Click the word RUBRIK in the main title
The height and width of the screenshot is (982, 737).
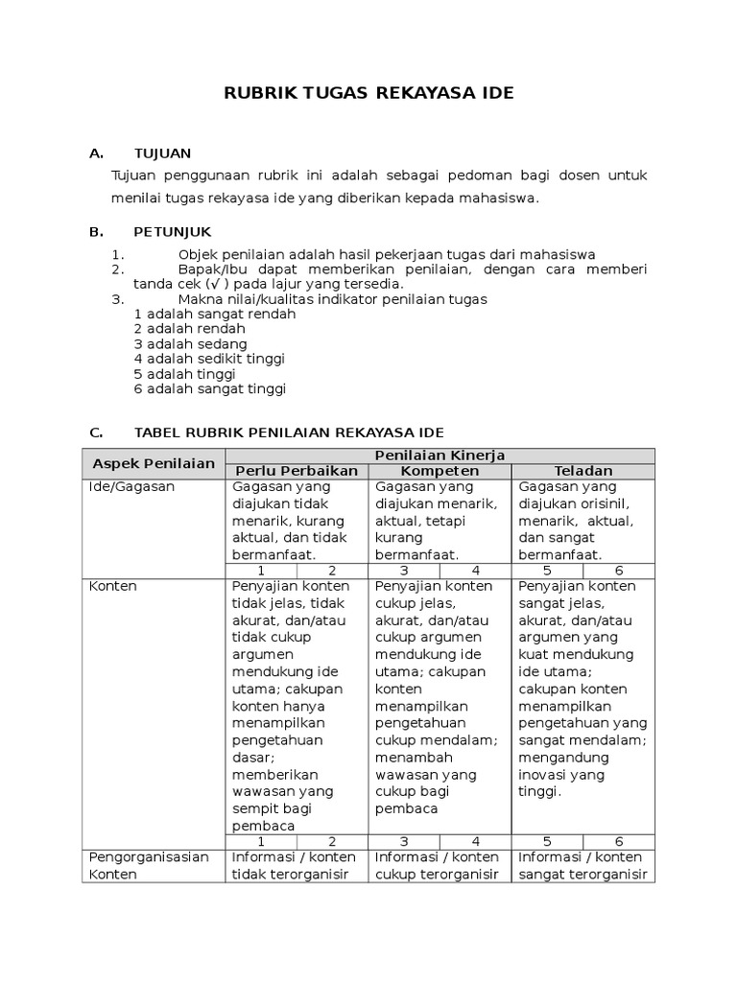click(x=258, y=93)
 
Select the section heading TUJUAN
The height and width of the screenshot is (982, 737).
click(x=162, y=152)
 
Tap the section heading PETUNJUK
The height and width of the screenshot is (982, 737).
click(x=173, y=232)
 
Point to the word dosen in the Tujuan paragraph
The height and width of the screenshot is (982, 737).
click(x=576, y=175)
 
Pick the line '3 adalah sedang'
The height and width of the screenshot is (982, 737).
click(x=190, y=343)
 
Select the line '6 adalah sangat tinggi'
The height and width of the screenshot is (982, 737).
click(x=209, y=388)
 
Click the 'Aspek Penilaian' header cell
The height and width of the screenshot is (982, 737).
click(x=154, y=463)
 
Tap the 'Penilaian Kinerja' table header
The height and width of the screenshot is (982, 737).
click(x=440, y=455)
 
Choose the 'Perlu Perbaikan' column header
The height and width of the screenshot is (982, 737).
click(x=297, y=471)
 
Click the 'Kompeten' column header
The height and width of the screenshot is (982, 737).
click(x=440, y=471)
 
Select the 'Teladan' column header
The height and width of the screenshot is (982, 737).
click(x=583, y=471)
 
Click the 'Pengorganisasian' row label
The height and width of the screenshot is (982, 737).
click(x=149, y=856)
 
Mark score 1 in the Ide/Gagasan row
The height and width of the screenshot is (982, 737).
click(x=261, y=571)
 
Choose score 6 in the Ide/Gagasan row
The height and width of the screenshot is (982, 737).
click(x=619, y=571)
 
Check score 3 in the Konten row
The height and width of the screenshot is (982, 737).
click(x=405, y=841)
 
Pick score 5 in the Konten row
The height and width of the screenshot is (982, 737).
click(x=547, y=841)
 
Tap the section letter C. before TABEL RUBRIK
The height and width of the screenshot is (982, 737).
click(x=96, y=433)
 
